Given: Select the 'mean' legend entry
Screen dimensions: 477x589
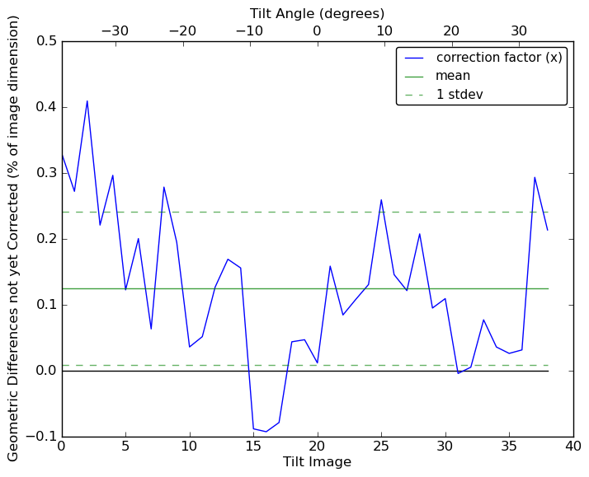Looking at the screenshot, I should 453,76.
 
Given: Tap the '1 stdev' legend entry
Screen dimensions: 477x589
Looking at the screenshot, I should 459,94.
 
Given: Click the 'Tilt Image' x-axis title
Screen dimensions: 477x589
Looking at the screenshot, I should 317,462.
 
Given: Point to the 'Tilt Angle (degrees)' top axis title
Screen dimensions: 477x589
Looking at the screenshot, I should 317,13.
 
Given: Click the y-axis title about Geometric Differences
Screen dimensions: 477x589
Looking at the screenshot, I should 13,238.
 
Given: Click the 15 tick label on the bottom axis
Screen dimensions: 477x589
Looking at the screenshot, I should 253,446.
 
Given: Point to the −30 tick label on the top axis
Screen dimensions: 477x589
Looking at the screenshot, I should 115,30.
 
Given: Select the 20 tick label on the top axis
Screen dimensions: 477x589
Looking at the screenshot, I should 451,30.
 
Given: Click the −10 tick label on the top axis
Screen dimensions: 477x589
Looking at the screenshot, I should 249,30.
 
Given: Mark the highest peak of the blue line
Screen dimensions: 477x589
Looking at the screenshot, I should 87,101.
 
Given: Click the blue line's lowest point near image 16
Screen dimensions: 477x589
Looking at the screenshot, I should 266,432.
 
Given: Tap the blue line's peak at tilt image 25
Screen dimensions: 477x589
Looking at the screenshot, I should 381,199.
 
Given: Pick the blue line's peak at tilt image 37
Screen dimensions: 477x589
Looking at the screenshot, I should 535,177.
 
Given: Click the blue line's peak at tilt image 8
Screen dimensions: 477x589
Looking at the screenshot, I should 164,187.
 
